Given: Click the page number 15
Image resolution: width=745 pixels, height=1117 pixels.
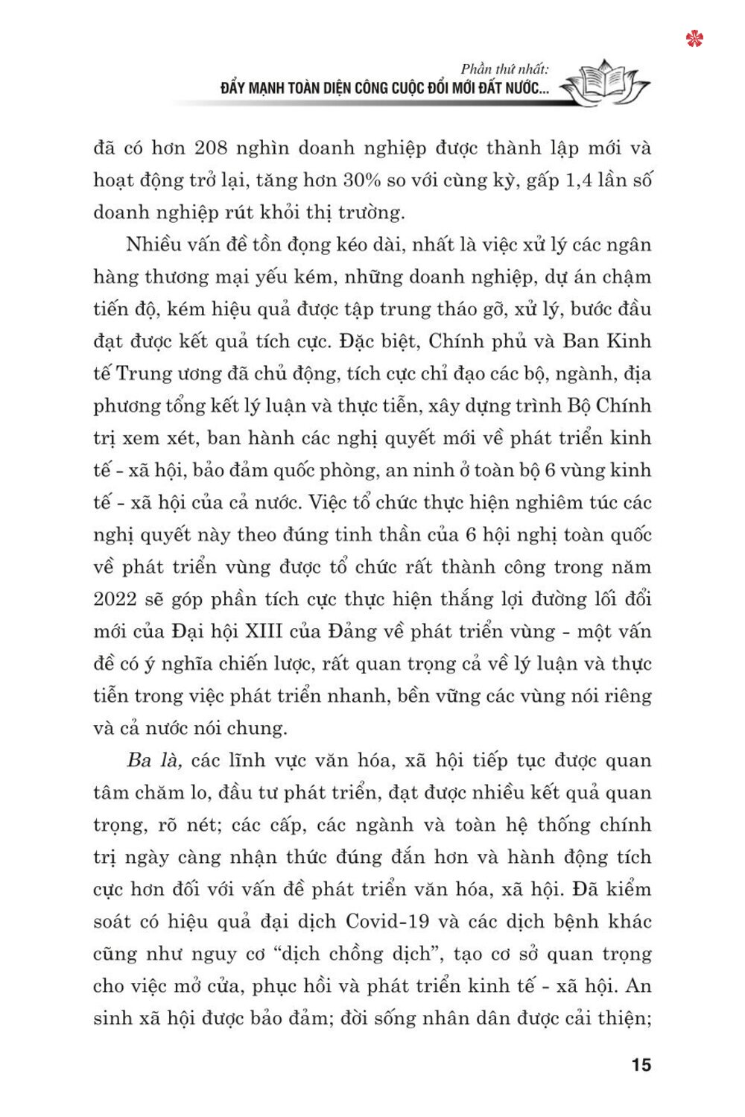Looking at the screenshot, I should click(x=641, y=1064).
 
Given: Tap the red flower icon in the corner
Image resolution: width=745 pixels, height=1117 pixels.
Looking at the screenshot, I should click(x=695, y=39).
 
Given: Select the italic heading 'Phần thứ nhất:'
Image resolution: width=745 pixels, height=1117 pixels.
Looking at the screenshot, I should click(x=505, y=70).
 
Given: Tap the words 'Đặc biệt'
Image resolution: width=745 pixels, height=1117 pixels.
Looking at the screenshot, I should click(x=370, y=341).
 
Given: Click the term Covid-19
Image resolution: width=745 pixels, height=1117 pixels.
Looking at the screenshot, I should click(x=387, y=921).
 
